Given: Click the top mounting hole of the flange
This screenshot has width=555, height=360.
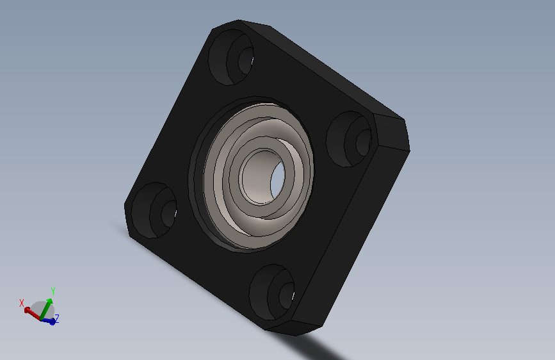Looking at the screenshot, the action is [x=231, y=57].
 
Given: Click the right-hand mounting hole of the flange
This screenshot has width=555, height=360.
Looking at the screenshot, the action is [x=349, y=139].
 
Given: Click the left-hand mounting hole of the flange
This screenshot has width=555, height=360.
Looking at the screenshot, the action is [x=154, y=211].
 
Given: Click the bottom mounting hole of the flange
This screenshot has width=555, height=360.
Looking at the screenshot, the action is [x=272, y=292].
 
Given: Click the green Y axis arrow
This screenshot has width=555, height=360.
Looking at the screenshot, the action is [x=46, y=309].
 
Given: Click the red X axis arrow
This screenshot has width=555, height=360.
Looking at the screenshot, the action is [x=33, y=314].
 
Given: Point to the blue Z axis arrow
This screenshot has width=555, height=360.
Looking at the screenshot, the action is [x=49, y=321].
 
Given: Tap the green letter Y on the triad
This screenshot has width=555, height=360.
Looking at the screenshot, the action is [x=53, y=291].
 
